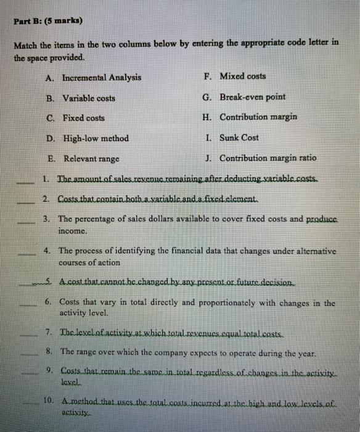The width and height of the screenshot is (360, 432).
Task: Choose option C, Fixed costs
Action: click(x=83, y=118)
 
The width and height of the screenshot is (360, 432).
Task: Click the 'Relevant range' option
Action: click(x=91, y=158)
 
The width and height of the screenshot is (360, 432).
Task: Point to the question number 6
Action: click(x=48, y=302)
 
